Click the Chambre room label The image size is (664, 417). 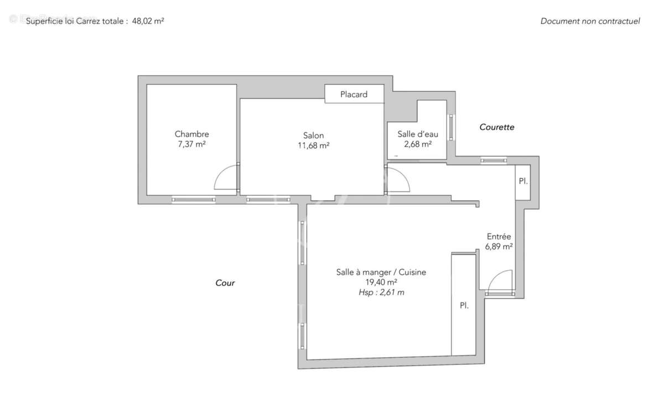click(x=191, y=134)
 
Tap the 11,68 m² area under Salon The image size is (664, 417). click(x=313, y=146)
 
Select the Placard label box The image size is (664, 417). click(x=354, y=94)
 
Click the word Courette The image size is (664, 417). click(x=496, y=127)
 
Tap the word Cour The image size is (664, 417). click(x=225, y=283)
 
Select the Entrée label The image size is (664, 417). click(x=499, y=236)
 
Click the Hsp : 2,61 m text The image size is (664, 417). click(x=381, y=293)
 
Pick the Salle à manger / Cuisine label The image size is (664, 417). click(x=381, y=272)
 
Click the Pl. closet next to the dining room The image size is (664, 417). click(x=464, y=305)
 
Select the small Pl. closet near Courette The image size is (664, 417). click(x=523, y=182)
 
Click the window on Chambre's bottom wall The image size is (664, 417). click(x=193, y=200)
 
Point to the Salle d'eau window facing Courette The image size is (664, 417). click(x=451, y=127)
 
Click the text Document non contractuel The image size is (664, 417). click(x=590, y=22)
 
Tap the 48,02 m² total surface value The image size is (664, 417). click(x=148, y=22)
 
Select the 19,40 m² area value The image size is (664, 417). click(x=381, y=282)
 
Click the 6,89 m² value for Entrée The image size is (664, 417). click(x=499, y=247)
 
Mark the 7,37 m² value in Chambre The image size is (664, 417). click(x=191, y=144)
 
